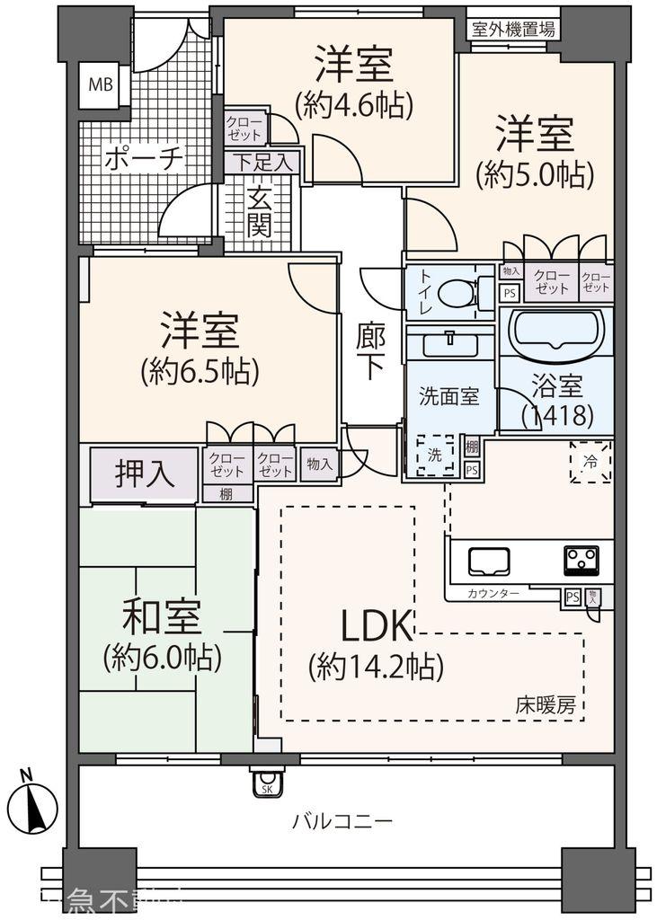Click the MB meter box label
click(101, 86)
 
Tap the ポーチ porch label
click(144, 160)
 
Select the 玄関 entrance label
click(260, 212)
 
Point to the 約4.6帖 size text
click(353, 105)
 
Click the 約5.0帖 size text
click(536, 174)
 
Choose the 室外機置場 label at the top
click(513, 29)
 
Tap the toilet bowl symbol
click(459, 293)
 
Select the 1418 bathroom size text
click(557, 415)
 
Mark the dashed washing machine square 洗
click(435, 456)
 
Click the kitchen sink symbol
click(488, 562)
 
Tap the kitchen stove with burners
click(582, 561)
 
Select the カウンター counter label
click(493, 594)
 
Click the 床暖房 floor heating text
click(546, 704)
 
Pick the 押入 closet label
click(144, 473)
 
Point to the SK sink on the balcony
click(267, 783)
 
